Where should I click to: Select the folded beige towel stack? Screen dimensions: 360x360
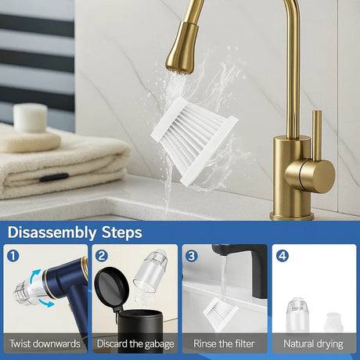pyautogui.click(x=63, y=164)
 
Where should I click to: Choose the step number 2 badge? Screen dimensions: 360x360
pyautogui.click(x=101, y=255)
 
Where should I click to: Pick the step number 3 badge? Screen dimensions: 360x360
pyautogui.click(x=190, y=255)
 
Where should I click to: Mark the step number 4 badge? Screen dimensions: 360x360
pyautogui.click(x=281, y=255)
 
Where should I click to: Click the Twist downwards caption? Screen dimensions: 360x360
pyautogui.click(x=45, y=344)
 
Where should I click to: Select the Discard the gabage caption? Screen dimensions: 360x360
pyautogui.click(x=134, y=344)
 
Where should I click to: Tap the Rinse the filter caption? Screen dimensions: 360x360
pyautogui.click(x=225, y=344)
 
